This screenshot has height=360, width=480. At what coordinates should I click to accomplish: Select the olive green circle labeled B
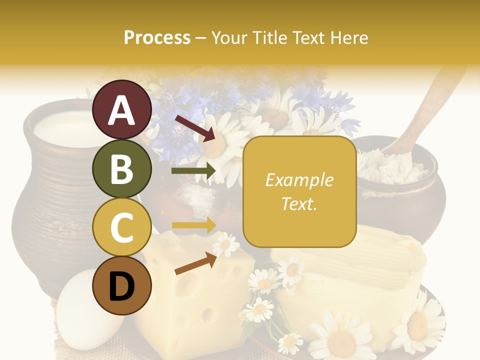(122, 168)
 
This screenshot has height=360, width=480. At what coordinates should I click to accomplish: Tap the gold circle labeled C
(122, 227)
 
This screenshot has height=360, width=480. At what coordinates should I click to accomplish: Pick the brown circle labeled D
(122, 285)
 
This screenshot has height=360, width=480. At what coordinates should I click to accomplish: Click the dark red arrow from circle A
(194, 127)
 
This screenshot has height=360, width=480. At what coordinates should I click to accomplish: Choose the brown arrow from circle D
(195, 263)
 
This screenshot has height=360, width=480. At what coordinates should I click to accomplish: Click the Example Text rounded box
(299, 191)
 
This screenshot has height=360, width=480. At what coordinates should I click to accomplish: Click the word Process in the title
(157, 37)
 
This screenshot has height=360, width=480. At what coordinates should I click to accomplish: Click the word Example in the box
(299, 180)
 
